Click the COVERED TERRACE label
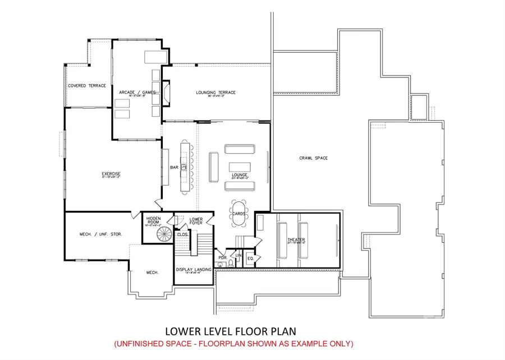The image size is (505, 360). pos(87,86)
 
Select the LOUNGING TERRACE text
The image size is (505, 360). pos(215,93)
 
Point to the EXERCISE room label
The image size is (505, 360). pos(111,174)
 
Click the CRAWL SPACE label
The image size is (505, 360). pos(314,158)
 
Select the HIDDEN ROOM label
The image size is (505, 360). pos(153,220)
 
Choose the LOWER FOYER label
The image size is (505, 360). pos(196,220)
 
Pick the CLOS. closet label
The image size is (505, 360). pos(182,235)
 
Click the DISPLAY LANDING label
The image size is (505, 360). pos(194,270)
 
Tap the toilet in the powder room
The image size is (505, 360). pos(224,266)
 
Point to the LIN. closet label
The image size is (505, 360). pos(238,256)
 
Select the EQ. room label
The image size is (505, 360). pos(250,259)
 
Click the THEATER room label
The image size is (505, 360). pos(296,241)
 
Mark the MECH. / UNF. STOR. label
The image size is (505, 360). pos(102,234)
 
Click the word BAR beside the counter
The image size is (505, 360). pos(174,167)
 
